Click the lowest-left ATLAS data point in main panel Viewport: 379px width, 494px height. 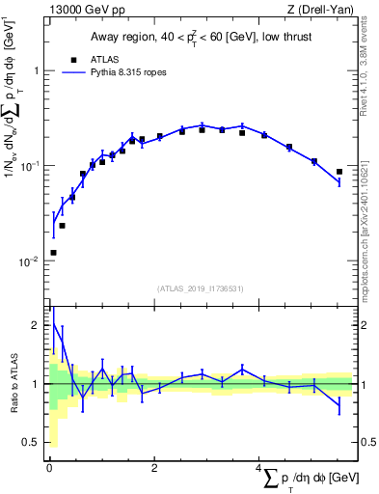[52, 253]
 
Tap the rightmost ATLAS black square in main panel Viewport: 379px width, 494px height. [339, 172]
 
